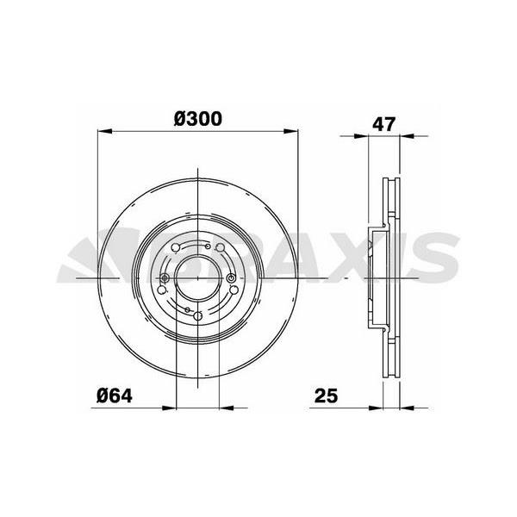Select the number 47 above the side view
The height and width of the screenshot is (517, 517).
coord(384,122)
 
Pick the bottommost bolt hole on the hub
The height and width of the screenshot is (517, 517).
coord(198,316)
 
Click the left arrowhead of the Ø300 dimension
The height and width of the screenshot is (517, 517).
coord(102,131)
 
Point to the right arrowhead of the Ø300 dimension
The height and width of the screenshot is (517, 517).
coord(294,131)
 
